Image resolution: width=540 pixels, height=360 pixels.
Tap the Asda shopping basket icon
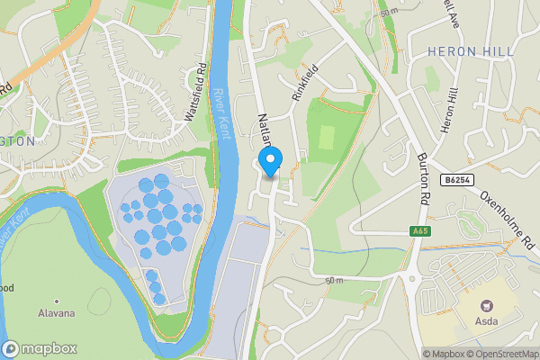(x=489, y=306)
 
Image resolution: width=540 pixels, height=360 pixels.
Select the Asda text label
(x=489, y=321)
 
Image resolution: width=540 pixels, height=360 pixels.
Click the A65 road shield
(x=420, y=232)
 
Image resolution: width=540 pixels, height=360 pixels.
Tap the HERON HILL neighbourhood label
(x=463, y=51)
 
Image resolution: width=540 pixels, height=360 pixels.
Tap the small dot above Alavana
(x=56, y=301)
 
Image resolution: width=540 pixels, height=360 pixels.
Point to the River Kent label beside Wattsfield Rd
(x=223, y=112)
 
